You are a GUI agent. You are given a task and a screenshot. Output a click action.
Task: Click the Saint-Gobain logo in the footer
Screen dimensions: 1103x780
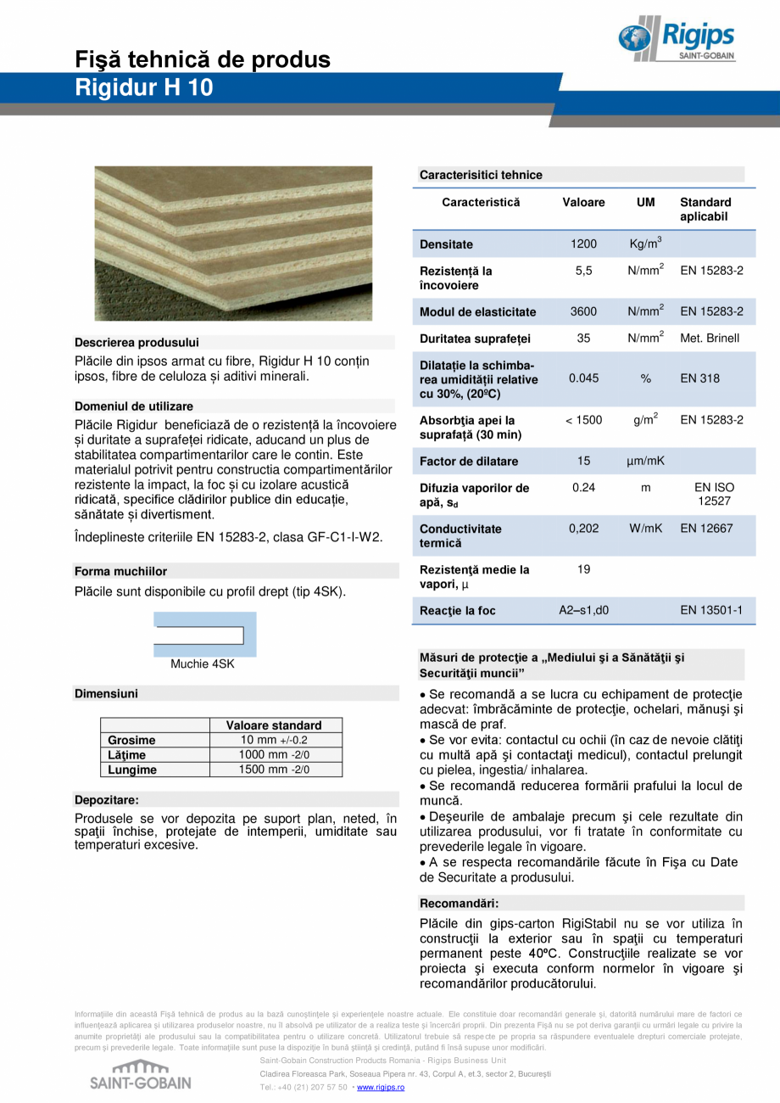point(141,1075)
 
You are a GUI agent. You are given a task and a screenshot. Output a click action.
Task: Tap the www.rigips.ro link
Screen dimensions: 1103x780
point(381,1087)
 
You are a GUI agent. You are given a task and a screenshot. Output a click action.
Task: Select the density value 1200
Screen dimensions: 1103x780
point(583,244)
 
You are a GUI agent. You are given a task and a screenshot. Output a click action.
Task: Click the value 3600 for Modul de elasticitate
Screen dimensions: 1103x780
point(583,311)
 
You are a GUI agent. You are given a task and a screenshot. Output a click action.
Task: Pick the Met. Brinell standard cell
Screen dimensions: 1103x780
point(710,339)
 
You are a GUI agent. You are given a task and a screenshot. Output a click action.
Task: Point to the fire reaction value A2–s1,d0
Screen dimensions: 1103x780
point(583,611)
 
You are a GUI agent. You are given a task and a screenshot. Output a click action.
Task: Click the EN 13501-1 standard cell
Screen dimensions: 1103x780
point(711,611)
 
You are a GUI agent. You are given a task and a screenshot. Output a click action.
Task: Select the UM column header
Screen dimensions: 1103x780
point(645,203)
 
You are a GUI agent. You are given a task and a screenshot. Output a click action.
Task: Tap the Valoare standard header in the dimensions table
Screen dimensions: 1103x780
point(274,725)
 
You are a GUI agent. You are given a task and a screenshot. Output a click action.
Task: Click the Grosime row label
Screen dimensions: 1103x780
point(131,741)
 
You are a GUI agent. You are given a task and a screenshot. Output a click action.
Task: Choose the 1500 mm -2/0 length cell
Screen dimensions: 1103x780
point(274,770)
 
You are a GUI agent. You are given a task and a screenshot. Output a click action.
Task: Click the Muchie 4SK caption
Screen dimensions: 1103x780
point(203,664)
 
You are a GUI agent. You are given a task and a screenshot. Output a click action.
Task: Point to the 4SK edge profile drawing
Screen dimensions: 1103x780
point(204,635)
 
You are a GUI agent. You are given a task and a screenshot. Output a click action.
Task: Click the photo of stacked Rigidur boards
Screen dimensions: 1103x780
point(233,243)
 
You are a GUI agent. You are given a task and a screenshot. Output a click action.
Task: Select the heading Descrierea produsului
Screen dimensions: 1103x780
point(136,343)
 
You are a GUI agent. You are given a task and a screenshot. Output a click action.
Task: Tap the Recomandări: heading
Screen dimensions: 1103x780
point(459,903)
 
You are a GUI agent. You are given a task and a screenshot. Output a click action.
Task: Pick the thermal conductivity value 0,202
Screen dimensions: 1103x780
point(583,529)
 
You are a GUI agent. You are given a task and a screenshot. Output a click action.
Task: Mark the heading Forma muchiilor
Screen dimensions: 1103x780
point(120,572)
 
